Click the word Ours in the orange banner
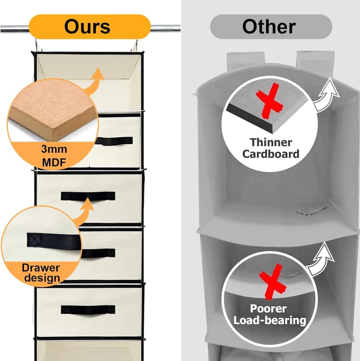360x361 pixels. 87,27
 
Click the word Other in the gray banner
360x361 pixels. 269,27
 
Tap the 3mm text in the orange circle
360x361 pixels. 54,149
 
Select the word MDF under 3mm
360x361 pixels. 54,162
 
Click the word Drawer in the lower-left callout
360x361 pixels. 41,268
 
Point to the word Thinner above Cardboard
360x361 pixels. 271,142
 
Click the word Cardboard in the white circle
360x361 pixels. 270,154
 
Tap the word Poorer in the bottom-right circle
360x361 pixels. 268,309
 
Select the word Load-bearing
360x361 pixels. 270,320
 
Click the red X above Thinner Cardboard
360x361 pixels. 269,101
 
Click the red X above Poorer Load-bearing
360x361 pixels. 272,281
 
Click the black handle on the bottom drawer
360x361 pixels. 88,309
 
